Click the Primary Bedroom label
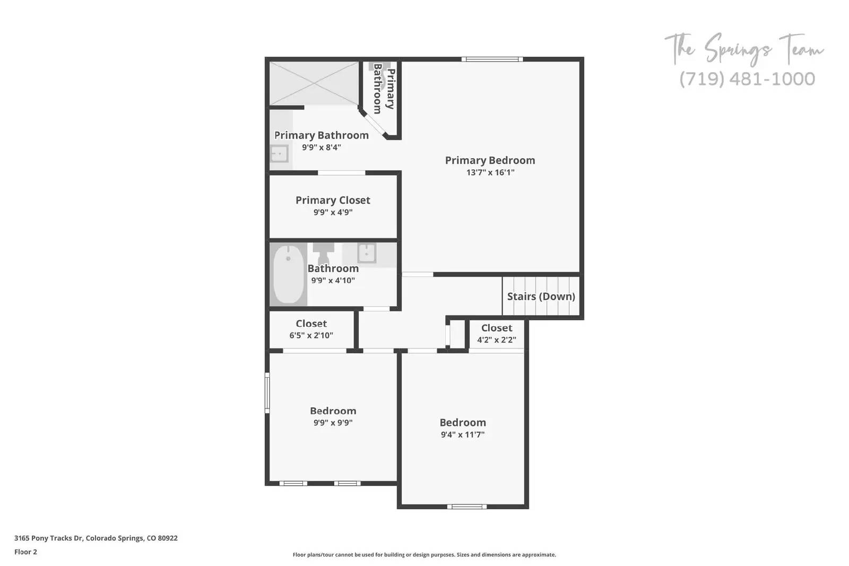click(490, 160)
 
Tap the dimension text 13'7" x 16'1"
click(490, 172)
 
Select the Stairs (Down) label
click(541, 297)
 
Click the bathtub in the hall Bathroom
click(288, 274)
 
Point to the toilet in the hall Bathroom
click(323, 252)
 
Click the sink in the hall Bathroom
click(367, 253)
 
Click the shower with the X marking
click(314, 83)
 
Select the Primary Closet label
click(333, 201)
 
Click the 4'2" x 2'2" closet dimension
click(496, 340)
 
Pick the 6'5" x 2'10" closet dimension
click(311, 335)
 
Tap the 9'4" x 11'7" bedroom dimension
click(462, 434)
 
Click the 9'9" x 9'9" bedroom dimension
click(333, 423)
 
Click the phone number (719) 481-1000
click(747, 79)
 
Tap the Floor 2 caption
click(25, 552)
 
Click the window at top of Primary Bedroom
click(492, 59)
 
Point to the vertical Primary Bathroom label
click(384, 89)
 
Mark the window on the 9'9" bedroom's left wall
click(267, 393)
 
